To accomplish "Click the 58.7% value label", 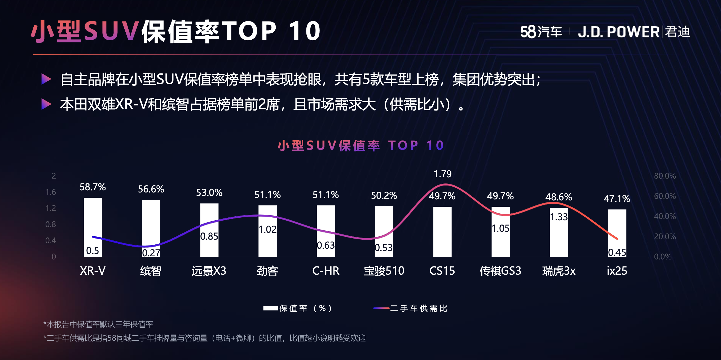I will tap(93, 187).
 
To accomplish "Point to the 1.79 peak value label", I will tap(442, 174).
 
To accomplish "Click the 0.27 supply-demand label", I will tap(151, 253).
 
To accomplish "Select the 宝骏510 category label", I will tap(384, 271).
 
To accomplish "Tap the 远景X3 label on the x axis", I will tap(209, 271).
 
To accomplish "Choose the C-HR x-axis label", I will tap(326, 271).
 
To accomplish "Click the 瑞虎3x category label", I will tap(559, 271).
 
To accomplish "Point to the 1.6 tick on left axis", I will tap(51, 192).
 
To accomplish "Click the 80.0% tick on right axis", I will tap(665, 176).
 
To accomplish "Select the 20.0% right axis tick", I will tap(665, 236).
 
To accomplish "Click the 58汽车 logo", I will tap(541, 32).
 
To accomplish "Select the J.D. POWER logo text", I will tap(619, 32).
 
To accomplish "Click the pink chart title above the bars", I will tap(360, 146).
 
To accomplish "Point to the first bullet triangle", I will tap(46, 79).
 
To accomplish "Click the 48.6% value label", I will tap(559, 197).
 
